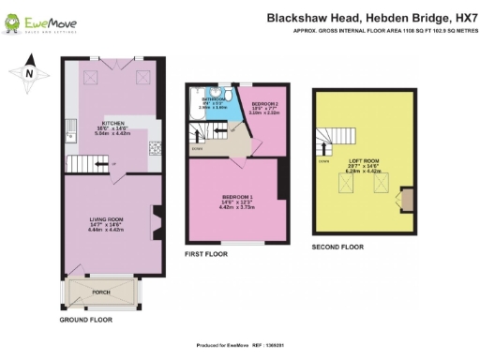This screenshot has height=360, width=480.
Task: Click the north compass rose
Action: pyautogui.click(x=27, y=73)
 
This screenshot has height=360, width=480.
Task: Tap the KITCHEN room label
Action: pyautogui.click(x=113, y=123)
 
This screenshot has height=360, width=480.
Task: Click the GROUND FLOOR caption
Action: pyautogui.click(x=87, y=320)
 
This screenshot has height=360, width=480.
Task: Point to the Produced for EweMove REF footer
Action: pyautogui.click(x=240, y=344)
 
